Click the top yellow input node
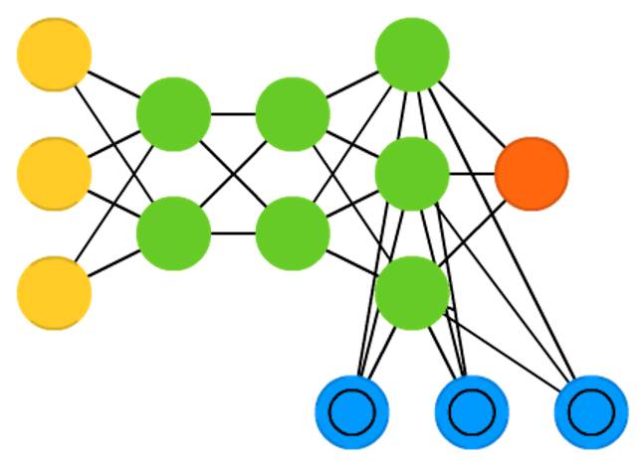tap(55, 54)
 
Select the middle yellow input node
tap(55, 174)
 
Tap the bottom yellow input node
tap(55, 293)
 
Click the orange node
tap(532, 174)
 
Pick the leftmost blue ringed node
tap(351, 411)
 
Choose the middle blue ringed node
tap(472, 411)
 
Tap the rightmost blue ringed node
tap(591, 411)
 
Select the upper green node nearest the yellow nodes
tap(173, 114)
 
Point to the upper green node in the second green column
tap(293, 114)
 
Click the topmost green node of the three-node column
tap(412, 54)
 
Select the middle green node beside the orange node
tap(412, 174)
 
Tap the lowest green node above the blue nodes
tap(412, 293)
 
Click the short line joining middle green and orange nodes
tap(472, 175)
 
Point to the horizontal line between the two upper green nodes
tap(233, 114)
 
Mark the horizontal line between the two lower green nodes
tap(233, 233)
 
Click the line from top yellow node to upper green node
tap(114, 84)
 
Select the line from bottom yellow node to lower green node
tap(114, 263)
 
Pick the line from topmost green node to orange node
tap(473, 115)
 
